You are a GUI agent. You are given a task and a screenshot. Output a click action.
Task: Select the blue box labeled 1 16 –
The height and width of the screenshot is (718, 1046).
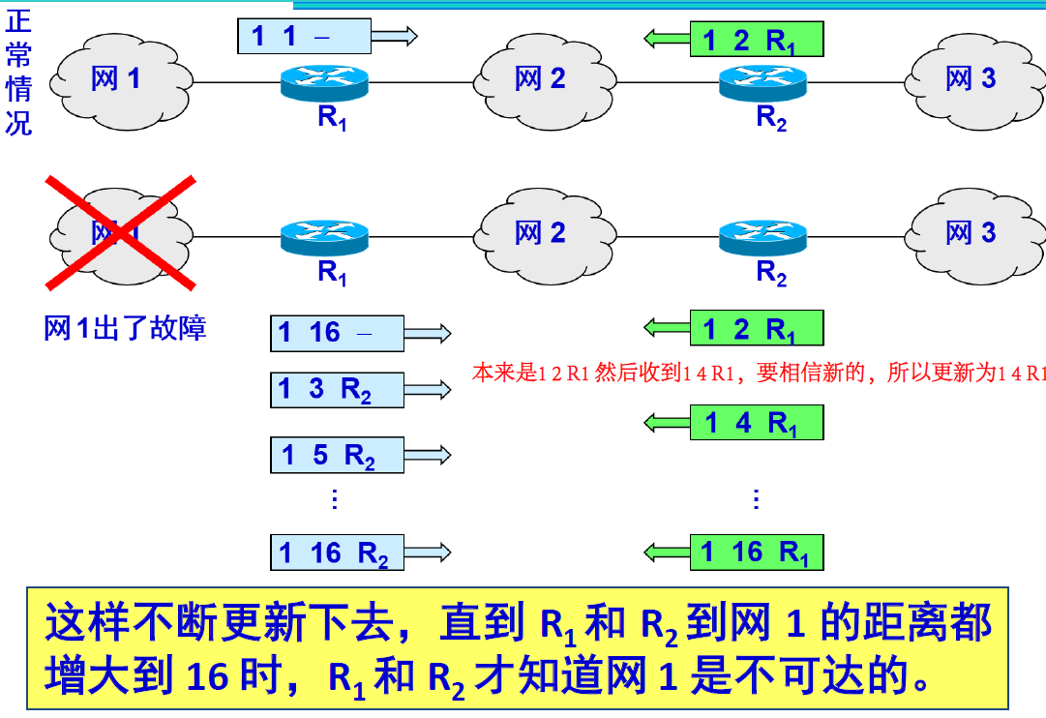click(337, 333)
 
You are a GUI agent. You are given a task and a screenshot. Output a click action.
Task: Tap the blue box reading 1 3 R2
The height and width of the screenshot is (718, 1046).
click(337, 389)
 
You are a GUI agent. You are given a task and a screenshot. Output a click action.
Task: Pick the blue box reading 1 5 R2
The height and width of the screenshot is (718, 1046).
click(337, 454)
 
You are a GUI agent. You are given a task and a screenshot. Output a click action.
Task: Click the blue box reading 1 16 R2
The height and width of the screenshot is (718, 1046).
click(337, 553)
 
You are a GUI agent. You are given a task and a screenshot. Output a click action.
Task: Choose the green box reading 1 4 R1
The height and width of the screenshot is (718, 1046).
click(756, 422)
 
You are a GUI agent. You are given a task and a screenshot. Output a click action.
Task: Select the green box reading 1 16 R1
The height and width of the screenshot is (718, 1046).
click(756, 553)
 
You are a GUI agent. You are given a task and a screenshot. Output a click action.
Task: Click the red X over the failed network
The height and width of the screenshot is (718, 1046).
click(122, 233)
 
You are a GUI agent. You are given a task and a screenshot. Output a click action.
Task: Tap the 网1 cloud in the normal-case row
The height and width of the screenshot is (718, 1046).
click(120, 79)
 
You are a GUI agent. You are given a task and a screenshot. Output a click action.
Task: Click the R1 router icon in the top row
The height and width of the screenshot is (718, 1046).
click(325, 81)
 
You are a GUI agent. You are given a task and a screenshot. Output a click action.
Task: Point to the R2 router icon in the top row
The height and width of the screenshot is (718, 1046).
click(762, 81)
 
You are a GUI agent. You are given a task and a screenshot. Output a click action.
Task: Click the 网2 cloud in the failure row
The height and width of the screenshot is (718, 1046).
click(542, 233)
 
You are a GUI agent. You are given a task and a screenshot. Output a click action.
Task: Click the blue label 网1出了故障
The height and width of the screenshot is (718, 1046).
click(125, 328)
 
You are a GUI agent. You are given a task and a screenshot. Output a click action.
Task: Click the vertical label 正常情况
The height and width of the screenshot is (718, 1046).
click(18, 72)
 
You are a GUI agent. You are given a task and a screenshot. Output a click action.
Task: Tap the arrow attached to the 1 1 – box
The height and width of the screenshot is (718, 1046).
click(395, 37)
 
